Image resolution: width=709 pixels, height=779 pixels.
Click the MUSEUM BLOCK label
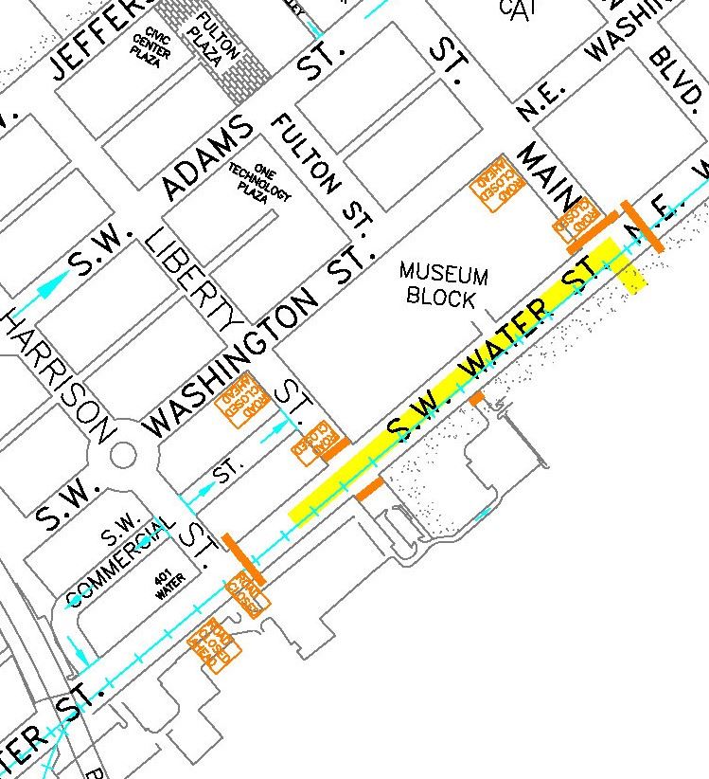tap(444, 285)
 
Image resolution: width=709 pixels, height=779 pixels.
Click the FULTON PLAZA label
tap(216, 41)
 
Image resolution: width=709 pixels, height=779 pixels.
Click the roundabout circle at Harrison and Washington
tap(124, 454)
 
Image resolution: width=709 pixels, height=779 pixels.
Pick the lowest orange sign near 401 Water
tap(216, 648)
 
